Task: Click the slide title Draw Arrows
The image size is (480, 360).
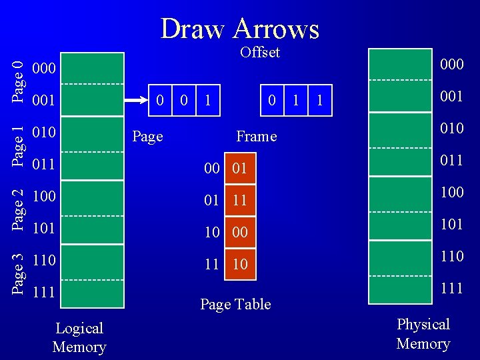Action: click(x=240, y=29)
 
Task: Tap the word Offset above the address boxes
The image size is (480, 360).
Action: click(x=260, y=53)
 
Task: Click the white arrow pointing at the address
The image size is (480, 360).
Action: click(x=136, y=101)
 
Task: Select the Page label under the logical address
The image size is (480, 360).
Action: click(x=147, y=136)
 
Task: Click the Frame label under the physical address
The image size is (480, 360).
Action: click(x=256, y=136)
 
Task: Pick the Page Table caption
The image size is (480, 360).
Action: click(x=235, y=304)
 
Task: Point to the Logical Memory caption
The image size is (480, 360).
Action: click(x=79, y=337)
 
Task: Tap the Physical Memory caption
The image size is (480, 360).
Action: click(x=423, y=333)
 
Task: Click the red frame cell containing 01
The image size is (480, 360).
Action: click(x=239, y=169)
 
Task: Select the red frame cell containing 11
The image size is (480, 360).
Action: click(x=239, y=201)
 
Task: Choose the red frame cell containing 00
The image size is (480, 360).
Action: click(x=239, y=232)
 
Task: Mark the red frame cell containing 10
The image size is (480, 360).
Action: click(x=239, y=264)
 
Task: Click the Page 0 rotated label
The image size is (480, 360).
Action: click(x=20, y=81)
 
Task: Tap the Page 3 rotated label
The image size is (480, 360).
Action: click(x=20, y=273)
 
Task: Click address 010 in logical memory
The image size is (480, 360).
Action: click(x=44, y=131)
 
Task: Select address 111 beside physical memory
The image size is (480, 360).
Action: click(x=451, y=289)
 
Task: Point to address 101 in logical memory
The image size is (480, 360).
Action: click(x=44, y=227)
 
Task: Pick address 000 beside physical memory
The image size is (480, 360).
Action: click(x=451, y=64)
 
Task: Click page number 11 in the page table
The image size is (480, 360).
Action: click(x=212, y=264)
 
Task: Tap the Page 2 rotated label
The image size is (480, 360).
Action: click(x=20, y=209)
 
